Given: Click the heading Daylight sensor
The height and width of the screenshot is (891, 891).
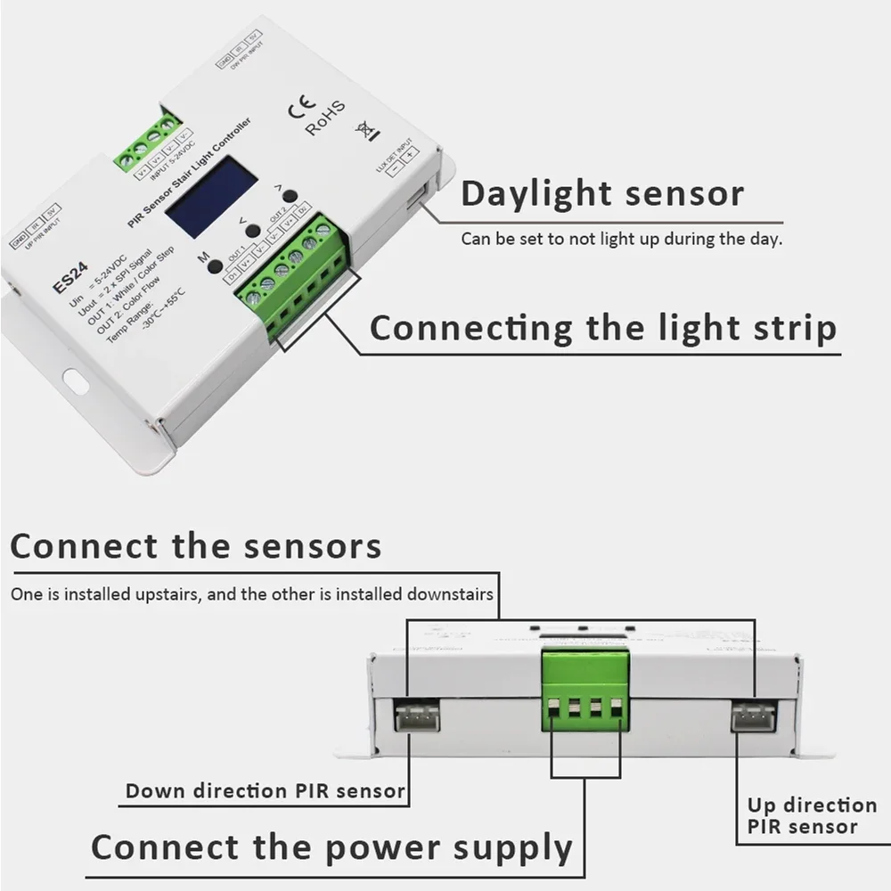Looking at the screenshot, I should (x=602, y=193).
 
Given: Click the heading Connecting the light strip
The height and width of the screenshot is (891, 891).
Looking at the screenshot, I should (x=603, y=328).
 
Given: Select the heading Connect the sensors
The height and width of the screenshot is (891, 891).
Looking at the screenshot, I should (x=196, y=546).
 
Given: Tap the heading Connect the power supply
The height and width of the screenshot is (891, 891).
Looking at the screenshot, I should (x=331, y=846).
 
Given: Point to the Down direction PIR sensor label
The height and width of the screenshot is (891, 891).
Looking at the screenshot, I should (x=265, y=790).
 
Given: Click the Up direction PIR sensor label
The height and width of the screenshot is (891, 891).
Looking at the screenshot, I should (x=811, y=816).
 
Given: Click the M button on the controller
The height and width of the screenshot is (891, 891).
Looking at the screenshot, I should (x=214, y=265).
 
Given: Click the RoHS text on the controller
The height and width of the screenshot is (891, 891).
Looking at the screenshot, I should (x=325, y=119).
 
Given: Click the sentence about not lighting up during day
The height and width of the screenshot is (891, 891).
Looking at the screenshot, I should (x=621, y=239).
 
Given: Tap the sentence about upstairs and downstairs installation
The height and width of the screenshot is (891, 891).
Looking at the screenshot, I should (x=252, y=593).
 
